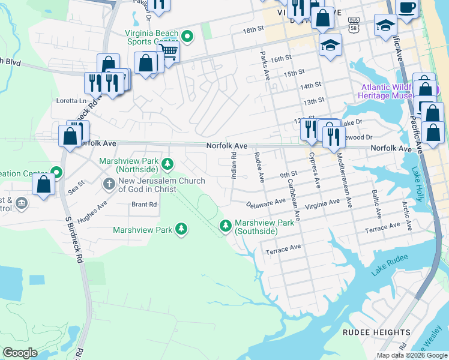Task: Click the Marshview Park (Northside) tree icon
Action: coord(169,163)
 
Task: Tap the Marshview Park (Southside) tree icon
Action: coord(225,226)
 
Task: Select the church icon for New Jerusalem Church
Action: coord(109,183)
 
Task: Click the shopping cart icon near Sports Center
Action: coord(169,52)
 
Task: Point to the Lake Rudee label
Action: coord(389,265)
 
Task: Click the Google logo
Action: coord(20,353)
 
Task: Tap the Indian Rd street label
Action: coord(234,166)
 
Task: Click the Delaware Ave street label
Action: coord(265,204)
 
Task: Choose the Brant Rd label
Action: coord(143,205)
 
